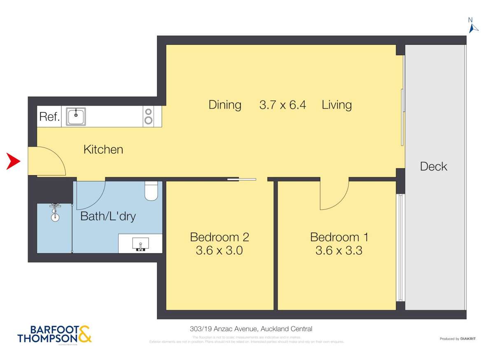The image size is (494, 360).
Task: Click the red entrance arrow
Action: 14,161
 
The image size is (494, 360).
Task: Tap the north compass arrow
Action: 473,28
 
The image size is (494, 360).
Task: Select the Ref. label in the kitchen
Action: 49,117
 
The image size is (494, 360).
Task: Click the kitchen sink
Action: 76,116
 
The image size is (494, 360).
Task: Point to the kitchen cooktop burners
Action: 148,116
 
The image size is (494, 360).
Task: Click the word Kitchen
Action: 103,149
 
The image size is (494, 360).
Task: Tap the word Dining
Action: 225,105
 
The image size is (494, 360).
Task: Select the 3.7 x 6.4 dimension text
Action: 282,105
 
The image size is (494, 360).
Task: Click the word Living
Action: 337,105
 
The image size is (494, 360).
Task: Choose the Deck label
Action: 433,167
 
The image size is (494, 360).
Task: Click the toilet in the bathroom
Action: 151,191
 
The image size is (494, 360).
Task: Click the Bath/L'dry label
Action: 108,216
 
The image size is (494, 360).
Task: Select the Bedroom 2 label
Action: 219,237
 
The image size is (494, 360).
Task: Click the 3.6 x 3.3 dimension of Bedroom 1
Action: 339,251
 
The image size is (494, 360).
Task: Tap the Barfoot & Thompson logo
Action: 54,334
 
